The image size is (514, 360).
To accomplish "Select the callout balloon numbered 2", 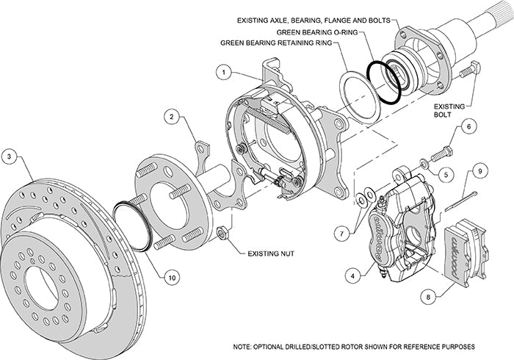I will [170, 116].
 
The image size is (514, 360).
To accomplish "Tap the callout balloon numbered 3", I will [10, 156].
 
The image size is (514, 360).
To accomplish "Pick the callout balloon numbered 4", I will [355, 276].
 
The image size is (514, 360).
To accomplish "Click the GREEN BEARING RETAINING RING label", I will [279, 42].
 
